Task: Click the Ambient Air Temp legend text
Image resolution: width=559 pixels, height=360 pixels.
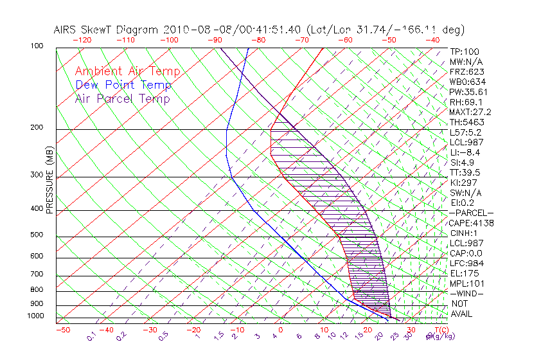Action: click(x=127, y=71)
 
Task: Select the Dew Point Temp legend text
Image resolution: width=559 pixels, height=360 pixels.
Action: click(x=123, y=85)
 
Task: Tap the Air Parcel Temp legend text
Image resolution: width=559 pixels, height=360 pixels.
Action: click(x=122, y=98)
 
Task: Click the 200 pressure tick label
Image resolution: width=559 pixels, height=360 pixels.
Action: click(x=36, y=127)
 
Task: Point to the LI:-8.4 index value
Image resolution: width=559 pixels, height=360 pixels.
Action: click(x=465, y=152)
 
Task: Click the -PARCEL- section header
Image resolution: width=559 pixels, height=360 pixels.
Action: click(x=471, y=213)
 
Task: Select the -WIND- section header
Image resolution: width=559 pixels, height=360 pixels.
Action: click(x=466, y=293)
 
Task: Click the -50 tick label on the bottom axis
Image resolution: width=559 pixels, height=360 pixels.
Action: click(x=62, y=330)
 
